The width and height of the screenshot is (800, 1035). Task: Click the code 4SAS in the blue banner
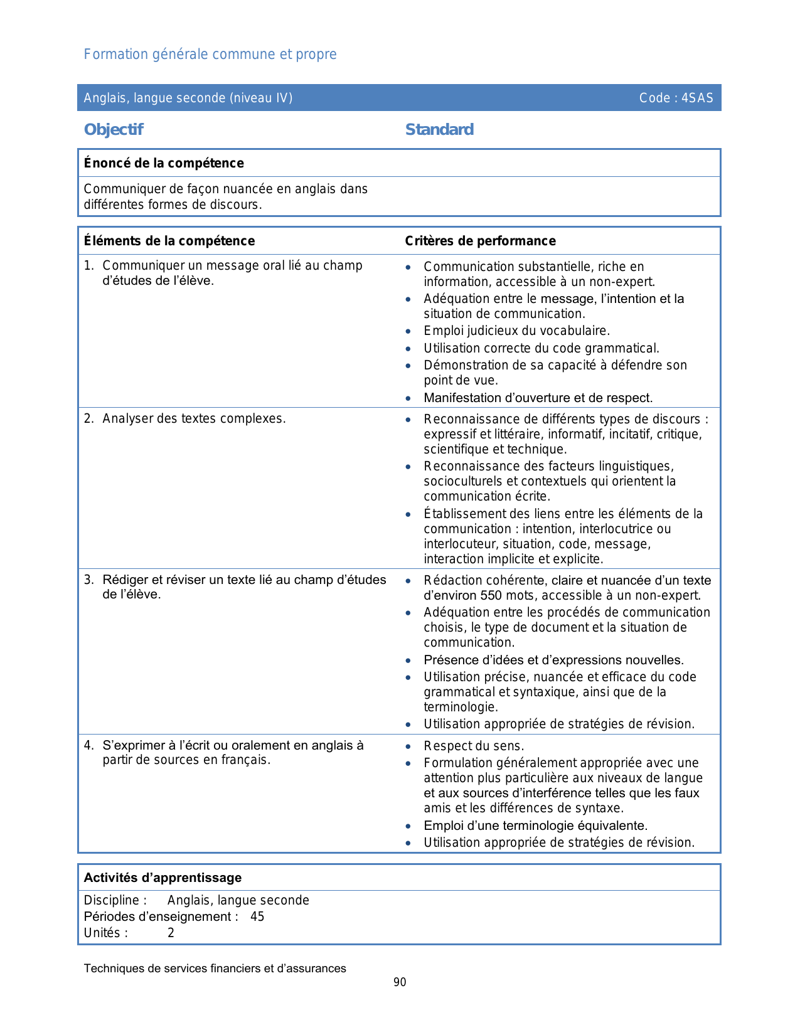[x=697, y=98]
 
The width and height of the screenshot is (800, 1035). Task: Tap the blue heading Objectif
[x=114, y=130]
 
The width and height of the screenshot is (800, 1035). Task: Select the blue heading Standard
[x=439, y=130]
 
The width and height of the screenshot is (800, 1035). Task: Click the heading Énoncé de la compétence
[x=164, y=163]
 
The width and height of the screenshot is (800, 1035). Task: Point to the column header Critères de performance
[x=480, y=241]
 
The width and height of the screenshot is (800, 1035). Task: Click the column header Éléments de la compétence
[x=169, y=241]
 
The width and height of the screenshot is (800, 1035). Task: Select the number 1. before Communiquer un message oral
[x=88, y=266]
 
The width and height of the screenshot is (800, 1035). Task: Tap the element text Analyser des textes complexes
[x=194, y=418]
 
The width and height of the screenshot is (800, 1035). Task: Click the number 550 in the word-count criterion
[x=492, y=595]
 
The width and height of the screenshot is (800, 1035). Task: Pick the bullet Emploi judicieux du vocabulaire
[x=516, y=331]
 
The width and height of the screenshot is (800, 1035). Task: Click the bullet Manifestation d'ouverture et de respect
[x=538, y=398]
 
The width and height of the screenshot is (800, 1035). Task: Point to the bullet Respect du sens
[x=473, y=746]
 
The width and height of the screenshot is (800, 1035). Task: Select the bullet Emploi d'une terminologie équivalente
[x=535, y=825]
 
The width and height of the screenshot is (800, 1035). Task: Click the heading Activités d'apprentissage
[x=163, y=878]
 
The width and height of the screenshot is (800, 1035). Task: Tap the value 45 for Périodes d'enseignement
[x=257, y=916]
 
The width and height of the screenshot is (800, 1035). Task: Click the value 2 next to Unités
[x=171, y=933]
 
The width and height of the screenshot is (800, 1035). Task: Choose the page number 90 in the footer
[x=400, y=982]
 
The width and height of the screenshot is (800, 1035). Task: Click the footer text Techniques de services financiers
[x=215, y=969]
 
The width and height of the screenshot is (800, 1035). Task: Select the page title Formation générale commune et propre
[x=210, y=55]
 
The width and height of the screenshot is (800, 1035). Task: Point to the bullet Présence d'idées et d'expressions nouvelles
[x=553, y=660]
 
